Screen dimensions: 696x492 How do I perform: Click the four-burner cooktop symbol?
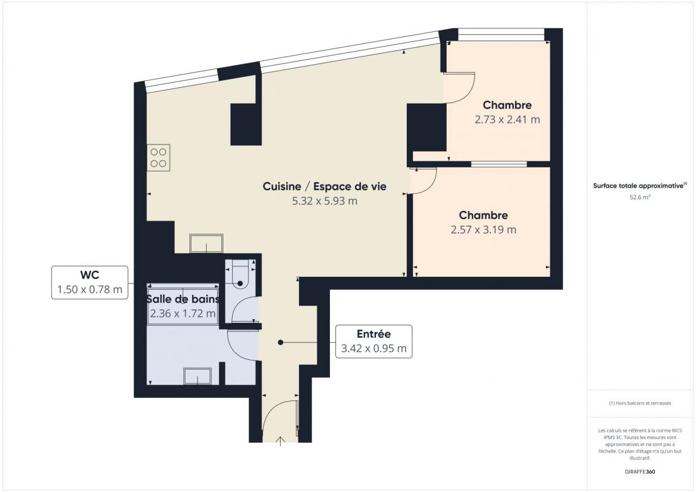coord(159,157)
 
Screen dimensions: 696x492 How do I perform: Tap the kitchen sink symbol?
coord(206,243)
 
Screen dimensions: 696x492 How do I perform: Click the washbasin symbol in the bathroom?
coord(198,376)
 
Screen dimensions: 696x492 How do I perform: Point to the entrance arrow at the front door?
coord(281,441)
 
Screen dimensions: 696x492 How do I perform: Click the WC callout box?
coord(90,282)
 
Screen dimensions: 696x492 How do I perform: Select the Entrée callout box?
coord(374,341)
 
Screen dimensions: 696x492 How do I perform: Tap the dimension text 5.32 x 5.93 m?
coord(324,201)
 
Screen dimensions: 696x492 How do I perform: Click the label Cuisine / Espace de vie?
coord(324,186)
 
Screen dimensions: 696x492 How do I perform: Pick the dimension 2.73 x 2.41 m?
coord(507,119)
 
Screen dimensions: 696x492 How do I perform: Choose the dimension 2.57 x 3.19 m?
coord(483,230)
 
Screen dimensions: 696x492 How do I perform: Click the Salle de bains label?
coord(183,299)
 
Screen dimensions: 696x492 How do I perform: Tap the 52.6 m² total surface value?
coord(639,197)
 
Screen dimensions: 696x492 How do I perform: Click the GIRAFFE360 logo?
coord(639,472)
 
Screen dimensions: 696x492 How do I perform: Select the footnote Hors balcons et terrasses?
coord(639,403)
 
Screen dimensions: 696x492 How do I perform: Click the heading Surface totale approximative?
coord(639,186)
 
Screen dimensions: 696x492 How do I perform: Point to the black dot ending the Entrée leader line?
coord(281,343)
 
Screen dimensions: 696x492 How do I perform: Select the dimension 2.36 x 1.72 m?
coord(183,314)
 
